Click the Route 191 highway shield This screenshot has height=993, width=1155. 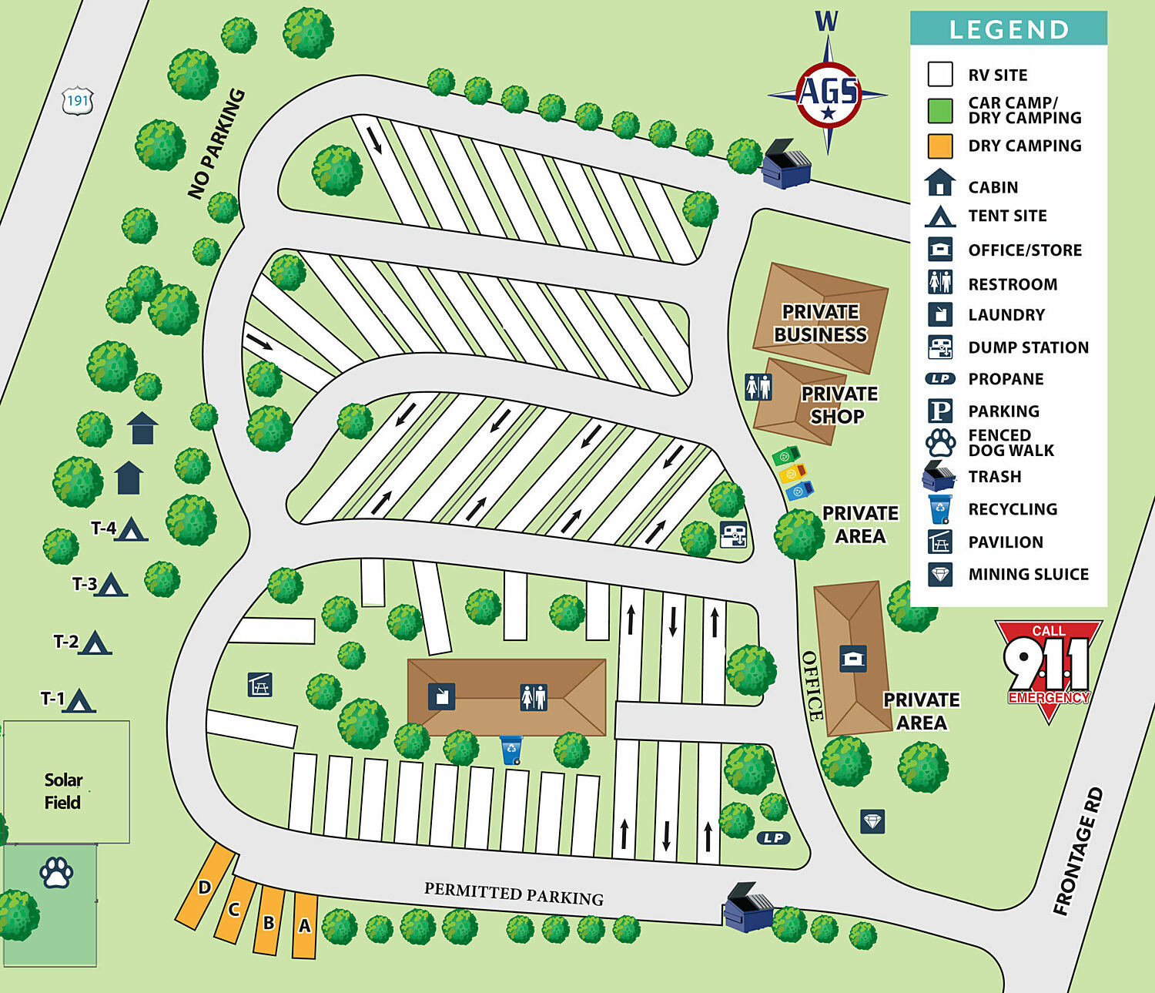pos(78,101)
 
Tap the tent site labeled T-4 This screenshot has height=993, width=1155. pos(130,529)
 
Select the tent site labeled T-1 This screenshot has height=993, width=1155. pos(79,700)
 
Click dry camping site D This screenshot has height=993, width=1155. pos(204,887)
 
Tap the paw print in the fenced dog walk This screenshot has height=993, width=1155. pos(56,873)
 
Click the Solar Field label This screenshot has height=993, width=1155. pos(63,791)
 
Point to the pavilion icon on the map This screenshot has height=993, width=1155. pos(260,684)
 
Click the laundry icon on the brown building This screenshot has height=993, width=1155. pos(441,696)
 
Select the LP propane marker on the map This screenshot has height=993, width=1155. pos(773,837)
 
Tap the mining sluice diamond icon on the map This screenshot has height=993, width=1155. pos(872,821)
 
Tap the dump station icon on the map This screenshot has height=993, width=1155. pos(733,534)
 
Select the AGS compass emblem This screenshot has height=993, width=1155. pos(828,94)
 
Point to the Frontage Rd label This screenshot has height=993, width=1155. pos(1078,851)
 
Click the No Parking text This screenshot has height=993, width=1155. pos(216,143)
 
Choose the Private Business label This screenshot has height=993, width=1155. pos(821,323)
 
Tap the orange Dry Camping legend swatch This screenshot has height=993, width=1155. pos(939,146)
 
